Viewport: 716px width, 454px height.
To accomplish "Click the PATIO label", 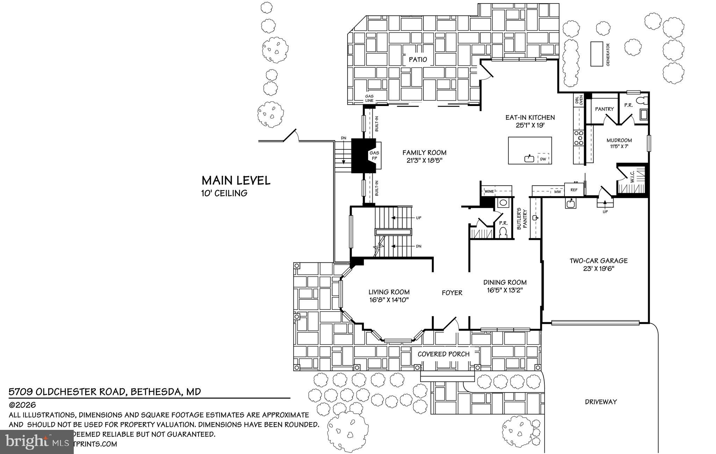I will pos(418,59).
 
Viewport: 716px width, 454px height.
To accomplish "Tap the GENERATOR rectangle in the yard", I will pos(597,54).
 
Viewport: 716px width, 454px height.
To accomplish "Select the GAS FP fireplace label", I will pos(374,156).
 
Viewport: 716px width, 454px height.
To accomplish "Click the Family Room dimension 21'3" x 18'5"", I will pos(424,161).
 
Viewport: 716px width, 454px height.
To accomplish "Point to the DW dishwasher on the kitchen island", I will pos(543,159).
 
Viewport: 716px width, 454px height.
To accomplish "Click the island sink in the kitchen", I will pos(529,159).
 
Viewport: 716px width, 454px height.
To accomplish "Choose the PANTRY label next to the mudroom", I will pos(604,109).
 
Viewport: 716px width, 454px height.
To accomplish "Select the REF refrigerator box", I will pos(574,190).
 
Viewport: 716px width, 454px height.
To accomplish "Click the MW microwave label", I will pos(558,192).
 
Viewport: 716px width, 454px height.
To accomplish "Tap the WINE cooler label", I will pos(489,191).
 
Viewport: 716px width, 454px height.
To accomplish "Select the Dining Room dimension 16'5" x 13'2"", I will pos(505,290).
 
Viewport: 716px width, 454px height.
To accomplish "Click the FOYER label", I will pos(452,293).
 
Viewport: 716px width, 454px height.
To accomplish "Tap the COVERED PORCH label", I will pos(443,354).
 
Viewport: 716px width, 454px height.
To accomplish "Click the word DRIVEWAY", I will pos(601,402).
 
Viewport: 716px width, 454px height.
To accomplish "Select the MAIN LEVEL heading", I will pos(236,180).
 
